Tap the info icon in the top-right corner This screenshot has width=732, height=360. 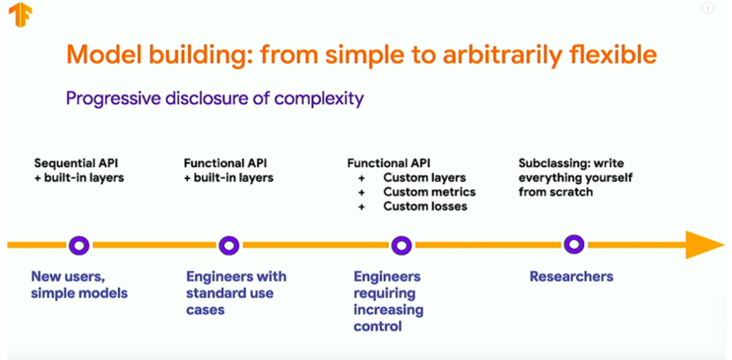[x=707, y=8]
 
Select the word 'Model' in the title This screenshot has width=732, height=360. [x=101, y=55]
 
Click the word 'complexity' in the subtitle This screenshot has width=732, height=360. [x=319, y=99]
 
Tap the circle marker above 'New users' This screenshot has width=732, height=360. [x=79, y=245]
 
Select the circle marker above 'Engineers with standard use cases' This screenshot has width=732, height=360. [x=229, y=245]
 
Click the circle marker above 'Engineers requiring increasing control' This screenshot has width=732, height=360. [x=401, y=245]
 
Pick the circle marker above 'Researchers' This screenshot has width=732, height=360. [x=574, y=245]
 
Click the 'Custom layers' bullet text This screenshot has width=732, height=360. [x=424, y=178]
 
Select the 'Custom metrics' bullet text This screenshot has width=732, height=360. [x=429, y=192]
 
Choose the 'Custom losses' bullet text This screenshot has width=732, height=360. [x=425, y=206]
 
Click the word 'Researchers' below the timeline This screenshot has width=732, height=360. [x=571, y=277]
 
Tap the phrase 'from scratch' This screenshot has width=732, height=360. [x=555, y=192]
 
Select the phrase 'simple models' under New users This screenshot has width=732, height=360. [x=79, y=293]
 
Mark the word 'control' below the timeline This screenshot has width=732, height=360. [x=377, y=326]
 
